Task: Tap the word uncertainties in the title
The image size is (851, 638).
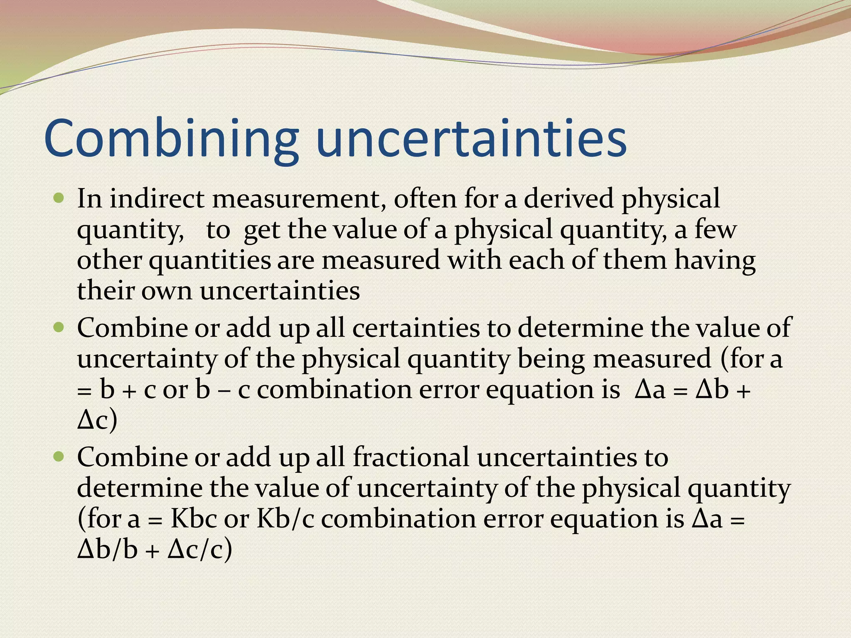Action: click(471, 139)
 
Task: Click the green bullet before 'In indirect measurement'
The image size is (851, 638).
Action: click(59, 198)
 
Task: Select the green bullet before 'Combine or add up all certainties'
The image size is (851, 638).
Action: click(59, 328)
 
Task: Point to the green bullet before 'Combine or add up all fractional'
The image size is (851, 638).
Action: click(59, 457)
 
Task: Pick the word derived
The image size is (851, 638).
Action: click(568, 199)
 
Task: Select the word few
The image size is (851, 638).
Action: click(715, 229)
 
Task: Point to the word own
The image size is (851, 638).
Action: click(166, 291)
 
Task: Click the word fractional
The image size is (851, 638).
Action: click(411, 457)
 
